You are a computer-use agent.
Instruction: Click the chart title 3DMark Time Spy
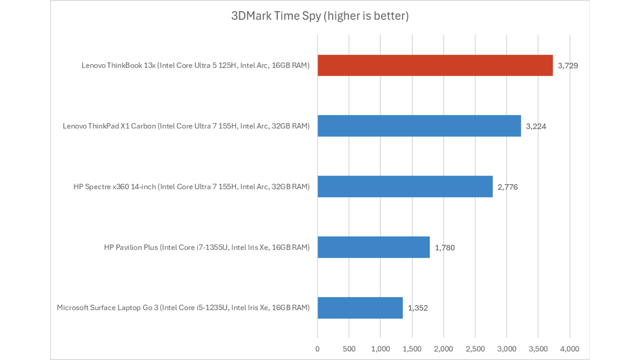click(320, 16)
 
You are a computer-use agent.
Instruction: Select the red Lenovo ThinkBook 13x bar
click(435, 65)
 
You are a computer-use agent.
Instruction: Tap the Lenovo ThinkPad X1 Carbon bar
click(419, 126)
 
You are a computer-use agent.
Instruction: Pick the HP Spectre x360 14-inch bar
click(405, 187)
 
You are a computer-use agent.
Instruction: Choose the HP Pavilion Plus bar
click(373, 247)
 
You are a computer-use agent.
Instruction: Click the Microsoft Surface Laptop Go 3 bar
click(360, 308)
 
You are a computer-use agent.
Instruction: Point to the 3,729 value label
click(568, 66)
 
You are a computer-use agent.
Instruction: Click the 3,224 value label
click(536, 126)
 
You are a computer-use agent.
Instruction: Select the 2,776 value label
click(507, 187)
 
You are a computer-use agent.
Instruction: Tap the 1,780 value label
click(445, 248)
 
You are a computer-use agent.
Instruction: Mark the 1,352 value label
click(418, 308)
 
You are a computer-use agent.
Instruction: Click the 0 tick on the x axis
click(317, 349)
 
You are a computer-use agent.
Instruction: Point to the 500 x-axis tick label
click(349, 349)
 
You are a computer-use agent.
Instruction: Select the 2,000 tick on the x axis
click(443, 349)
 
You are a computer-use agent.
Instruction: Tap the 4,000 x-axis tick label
click(569, 349)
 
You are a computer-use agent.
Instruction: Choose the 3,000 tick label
click(507, 349)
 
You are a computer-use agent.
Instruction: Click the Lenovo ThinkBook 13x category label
click(196, 65)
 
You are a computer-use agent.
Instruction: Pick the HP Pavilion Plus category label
click(207, 247)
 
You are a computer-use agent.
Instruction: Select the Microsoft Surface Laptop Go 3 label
click(183, 308)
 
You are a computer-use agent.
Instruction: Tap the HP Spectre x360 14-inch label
click(192, 187)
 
